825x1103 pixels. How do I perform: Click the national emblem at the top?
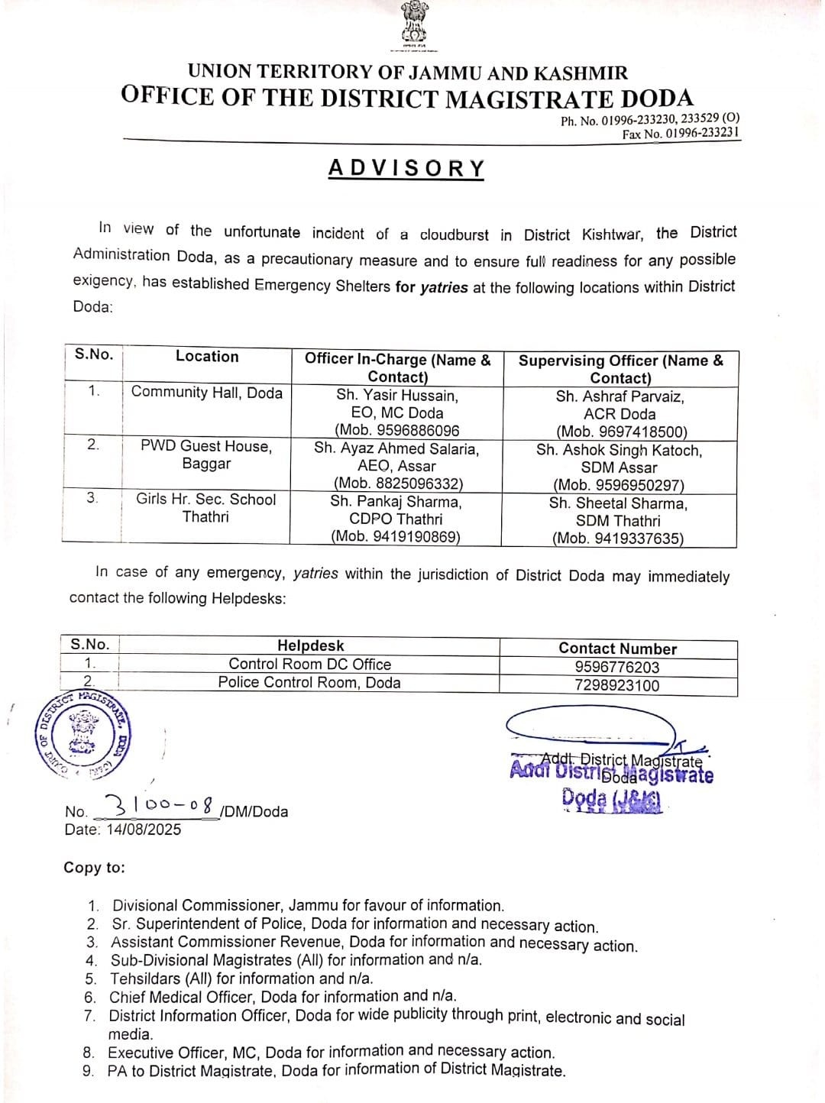click(412, 23)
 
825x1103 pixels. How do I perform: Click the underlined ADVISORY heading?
click(406, 168)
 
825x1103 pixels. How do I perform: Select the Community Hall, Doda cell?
click(207, 393)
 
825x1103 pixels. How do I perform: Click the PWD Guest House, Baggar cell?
click(206, 455)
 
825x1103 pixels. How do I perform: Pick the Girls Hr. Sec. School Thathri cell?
click(206, 508)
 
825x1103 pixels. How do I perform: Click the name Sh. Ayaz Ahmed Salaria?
click(396, 449)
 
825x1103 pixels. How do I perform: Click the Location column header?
click(207, 357)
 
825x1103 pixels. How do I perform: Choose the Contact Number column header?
click(617, 649)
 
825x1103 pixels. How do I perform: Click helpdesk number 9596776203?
click(617, 667)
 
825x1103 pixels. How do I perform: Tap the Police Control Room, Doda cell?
click(309, 683)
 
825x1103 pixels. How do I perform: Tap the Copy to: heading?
click(95, 868)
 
